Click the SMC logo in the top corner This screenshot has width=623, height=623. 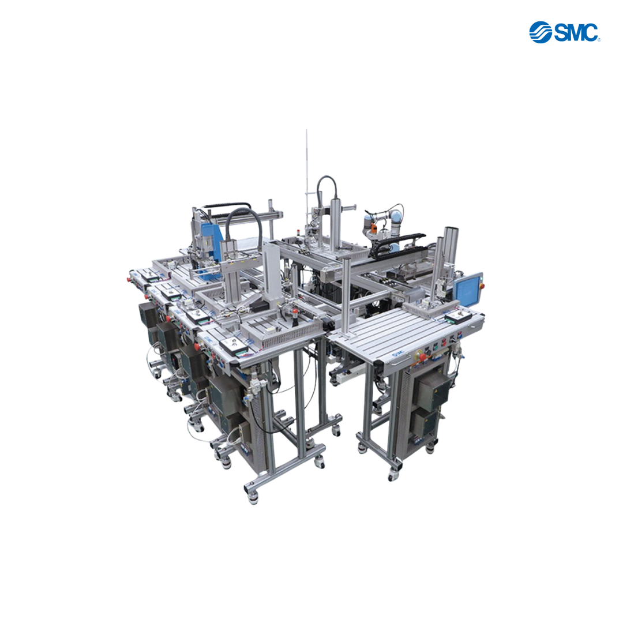point(564,32)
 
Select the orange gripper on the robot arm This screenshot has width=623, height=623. point(373,228)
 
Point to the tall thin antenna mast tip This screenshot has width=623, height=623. point(306,130)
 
